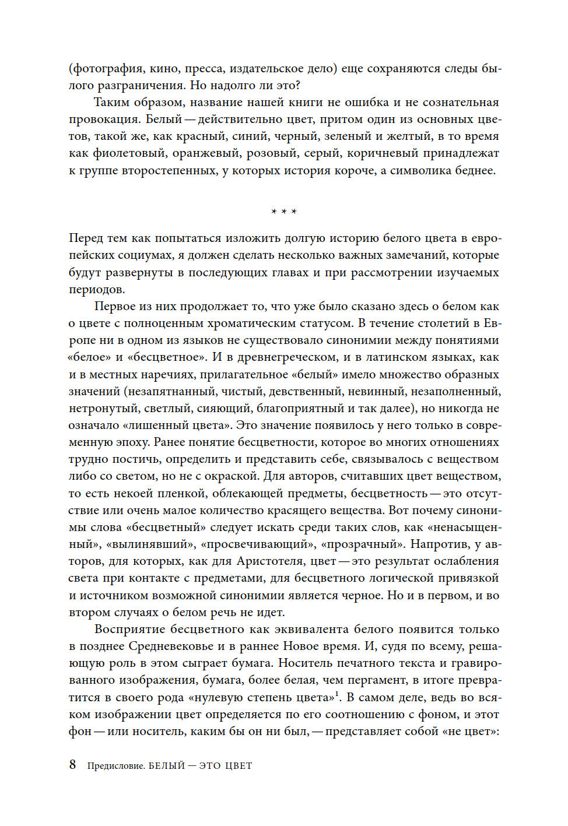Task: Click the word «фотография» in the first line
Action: click(107, 69)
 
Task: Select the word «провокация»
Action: click(104, 119)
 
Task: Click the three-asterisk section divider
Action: click(284, 212)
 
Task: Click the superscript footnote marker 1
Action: click(337, 694)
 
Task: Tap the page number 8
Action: click(72, 765)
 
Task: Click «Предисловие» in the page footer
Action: click(115, 766)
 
